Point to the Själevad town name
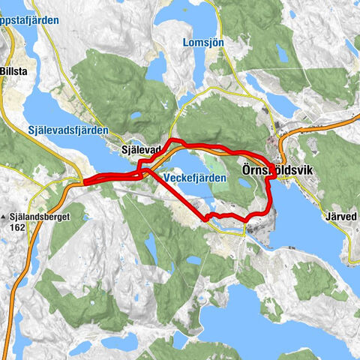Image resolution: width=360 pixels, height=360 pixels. click(142, 150)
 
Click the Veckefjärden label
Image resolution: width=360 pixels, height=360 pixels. click(193, 173)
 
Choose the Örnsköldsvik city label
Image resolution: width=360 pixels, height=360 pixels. click(277, 171)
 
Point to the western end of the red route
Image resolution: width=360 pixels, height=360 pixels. click(84, 181)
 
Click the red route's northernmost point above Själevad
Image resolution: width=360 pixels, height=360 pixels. click(173, 140)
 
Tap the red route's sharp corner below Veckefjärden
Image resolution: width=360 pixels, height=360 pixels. click(205, 219)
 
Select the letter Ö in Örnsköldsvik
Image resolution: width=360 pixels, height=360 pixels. click(247, 171)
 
